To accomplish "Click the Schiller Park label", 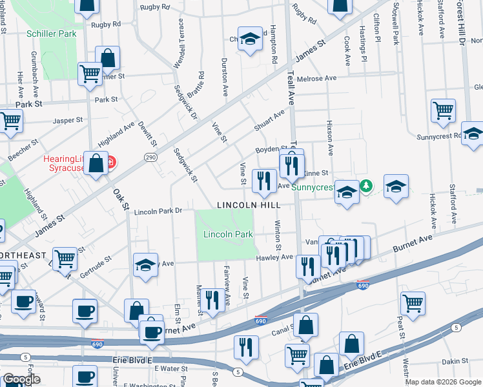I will click(x=51, y=34).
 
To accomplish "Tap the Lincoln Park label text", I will click(x=228, y=235).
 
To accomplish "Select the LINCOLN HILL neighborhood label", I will click(x=249, y=204).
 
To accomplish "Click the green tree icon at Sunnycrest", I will click(x=367, y=186).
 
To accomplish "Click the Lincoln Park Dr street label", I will click(x=159, y=211).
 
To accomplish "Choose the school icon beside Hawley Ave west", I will click(x=145, y=265).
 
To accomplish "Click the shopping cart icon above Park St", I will click(x=90, y=73).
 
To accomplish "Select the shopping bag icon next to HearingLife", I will click(x=96, y=164).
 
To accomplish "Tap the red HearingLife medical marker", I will click(x=111, y=161).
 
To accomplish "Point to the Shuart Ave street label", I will click(x=269, y=121).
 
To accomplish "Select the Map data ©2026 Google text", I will click(x=443, y=382).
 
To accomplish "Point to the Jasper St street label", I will click(x=68, y=120).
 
